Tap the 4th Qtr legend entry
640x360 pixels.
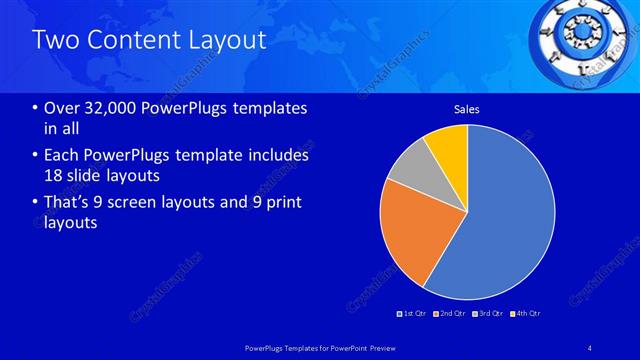click(526, 314)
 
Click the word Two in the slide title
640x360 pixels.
click(52, 40)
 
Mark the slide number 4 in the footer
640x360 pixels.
click(590, 347)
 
